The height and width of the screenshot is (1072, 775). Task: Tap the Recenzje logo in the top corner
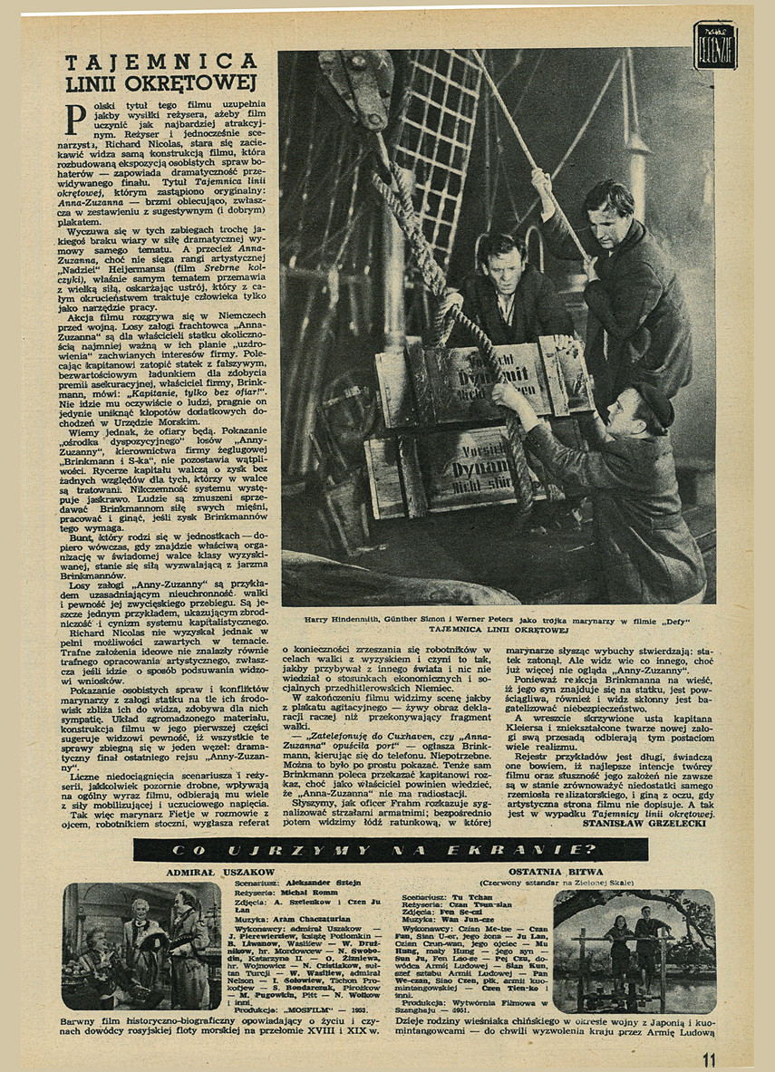coord(715,45)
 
